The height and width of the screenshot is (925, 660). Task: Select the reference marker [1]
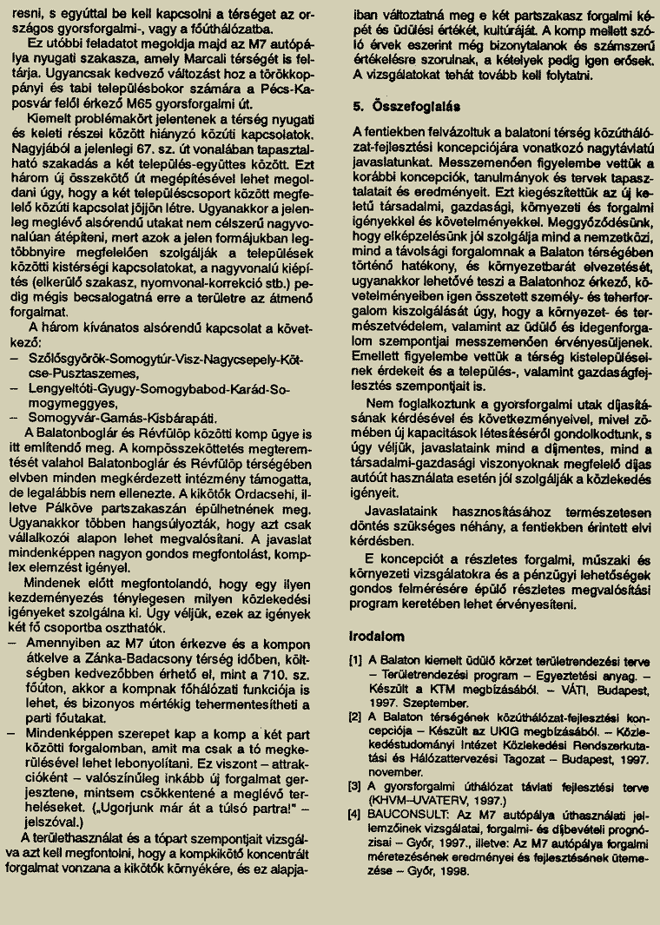tap(354, 659)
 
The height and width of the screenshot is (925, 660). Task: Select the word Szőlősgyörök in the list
tap(67, 360)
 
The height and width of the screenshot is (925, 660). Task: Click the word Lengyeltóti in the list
tap(63, 388)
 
